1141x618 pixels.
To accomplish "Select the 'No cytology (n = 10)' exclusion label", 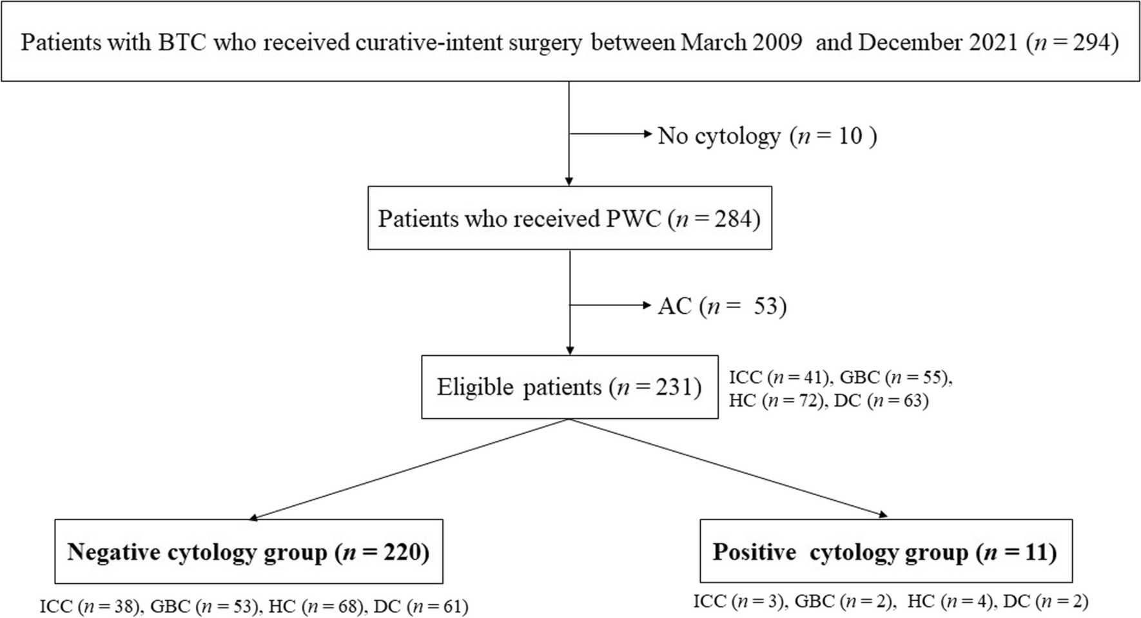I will point(767,136).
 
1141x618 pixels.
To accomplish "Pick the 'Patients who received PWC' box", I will point(569,218).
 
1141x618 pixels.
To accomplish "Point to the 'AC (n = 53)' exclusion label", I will point(722,306).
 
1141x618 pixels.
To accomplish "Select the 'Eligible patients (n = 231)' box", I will point(569,387).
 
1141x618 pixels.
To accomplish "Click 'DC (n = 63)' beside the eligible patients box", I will point(881,401).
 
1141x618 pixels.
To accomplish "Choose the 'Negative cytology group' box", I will point(249,552).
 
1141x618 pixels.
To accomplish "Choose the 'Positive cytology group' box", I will point(885,552).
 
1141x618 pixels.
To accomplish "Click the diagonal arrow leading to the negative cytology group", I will point(409,469).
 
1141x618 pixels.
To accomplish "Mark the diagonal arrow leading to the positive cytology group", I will point(728,469).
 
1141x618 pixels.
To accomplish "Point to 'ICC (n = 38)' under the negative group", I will point(90,606).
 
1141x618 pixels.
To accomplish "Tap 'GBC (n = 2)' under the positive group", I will point(845,602).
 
